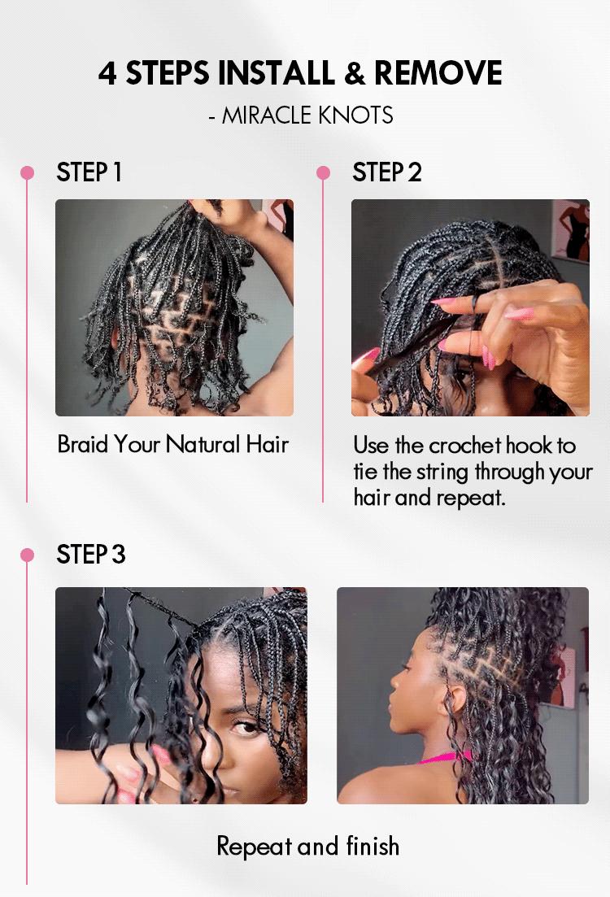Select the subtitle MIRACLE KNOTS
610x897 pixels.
pyautogui.click(x=307, y=115)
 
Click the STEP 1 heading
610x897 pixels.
pyautogui.click(x=89, y=172)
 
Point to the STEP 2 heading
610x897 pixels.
pyautogui.click(x=386, y=172)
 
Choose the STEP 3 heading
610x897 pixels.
pyautogui.click(x=90, y=555)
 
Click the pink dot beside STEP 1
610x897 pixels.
pyautogui.click(x=27, y=172)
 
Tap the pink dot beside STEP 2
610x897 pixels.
pyautogui.click(x=323, y=172)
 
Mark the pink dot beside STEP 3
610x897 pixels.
pyautogui.click(x=27, y=555)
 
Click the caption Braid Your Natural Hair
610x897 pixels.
pyautogui.click(x=172, y=444)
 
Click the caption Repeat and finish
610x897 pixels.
pyautogui.click(x=307, y=846)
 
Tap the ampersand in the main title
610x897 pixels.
pyautogui.click(x=354, y=73)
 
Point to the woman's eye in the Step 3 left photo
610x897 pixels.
pyautogui.click(x=246, y=726)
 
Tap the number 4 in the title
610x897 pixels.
pyautogui.click(x=107, y=73)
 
